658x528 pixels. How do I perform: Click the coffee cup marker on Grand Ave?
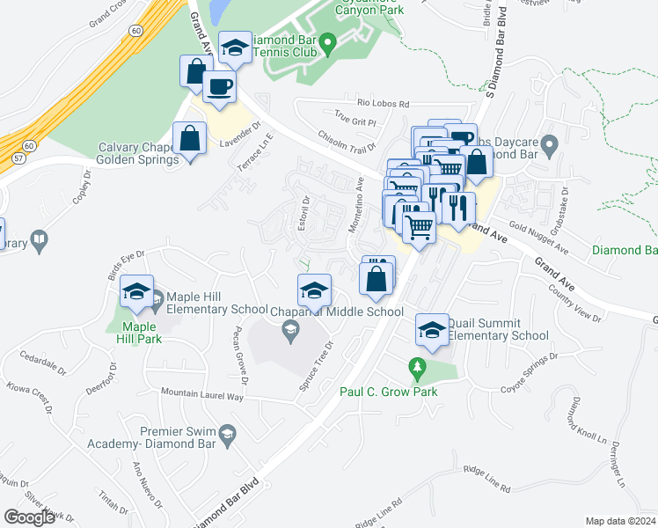pos(219,87)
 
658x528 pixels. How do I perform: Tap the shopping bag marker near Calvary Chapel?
pos(189,138)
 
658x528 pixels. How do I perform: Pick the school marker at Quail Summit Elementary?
pos(432,329)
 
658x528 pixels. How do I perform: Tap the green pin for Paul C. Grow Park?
pos(418,365)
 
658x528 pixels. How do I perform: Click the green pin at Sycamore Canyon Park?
pos(327,41)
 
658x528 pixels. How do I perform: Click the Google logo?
pos(30,517)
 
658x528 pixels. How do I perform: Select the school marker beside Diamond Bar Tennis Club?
pos(235,49)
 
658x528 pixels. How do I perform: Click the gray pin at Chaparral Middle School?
pos(289,331)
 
